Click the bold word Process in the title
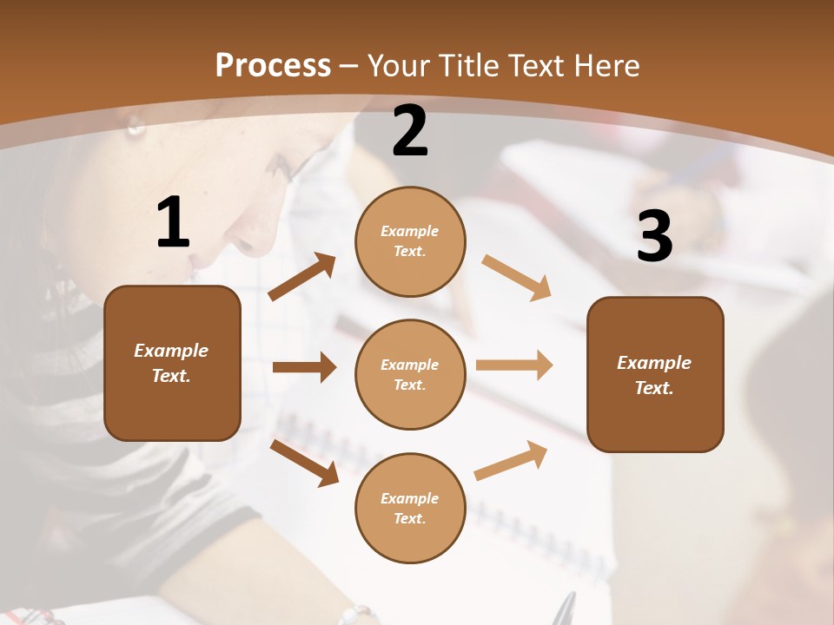[x=273, y=65]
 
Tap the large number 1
[x=173, y=222]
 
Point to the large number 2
[x=410, y=131]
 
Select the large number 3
[x=654, y=237]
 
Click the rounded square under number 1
[x=172, y=363]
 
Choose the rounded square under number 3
[x=655, y=374]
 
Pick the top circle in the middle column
[x=410, y=241]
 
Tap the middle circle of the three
[x=410, y=374]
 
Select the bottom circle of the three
[x=410, y=508]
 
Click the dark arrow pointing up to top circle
[x=302, y=277]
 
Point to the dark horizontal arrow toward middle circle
[x=304, y=367]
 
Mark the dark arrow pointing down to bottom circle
[x=304, y=462]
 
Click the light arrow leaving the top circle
[x=517, y=278]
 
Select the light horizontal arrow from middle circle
[x=514, y=365]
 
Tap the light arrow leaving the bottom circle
[x=511, y=460]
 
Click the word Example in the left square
[x=171, y=351]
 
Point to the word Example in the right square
[x=654, y=363]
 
